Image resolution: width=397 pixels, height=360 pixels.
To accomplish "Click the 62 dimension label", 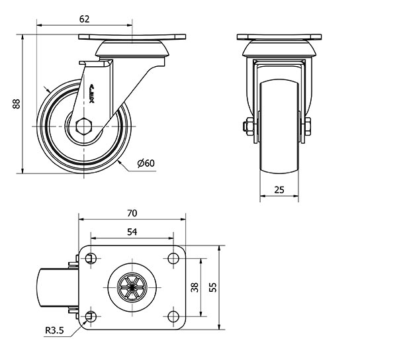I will coord(84,19).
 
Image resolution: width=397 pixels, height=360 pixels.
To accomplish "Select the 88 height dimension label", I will coord(17,103).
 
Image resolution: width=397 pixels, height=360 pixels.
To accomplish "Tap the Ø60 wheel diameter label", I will coord(146,163).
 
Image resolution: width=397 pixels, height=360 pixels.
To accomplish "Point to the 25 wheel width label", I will coord(279,190).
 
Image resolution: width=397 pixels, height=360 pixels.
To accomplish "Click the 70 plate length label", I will coord(132,213).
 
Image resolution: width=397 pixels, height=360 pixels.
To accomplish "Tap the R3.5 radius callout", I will coord(55,331).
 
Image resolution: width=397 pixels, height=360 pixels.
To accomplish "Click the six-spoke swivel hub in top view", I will coord(132,287).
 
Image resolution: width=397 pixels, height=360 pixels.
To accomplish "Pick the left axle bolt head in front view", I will coord(248,126).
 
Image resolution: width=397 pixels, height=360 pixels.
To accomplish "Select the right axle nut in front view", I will coord(309,126).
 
